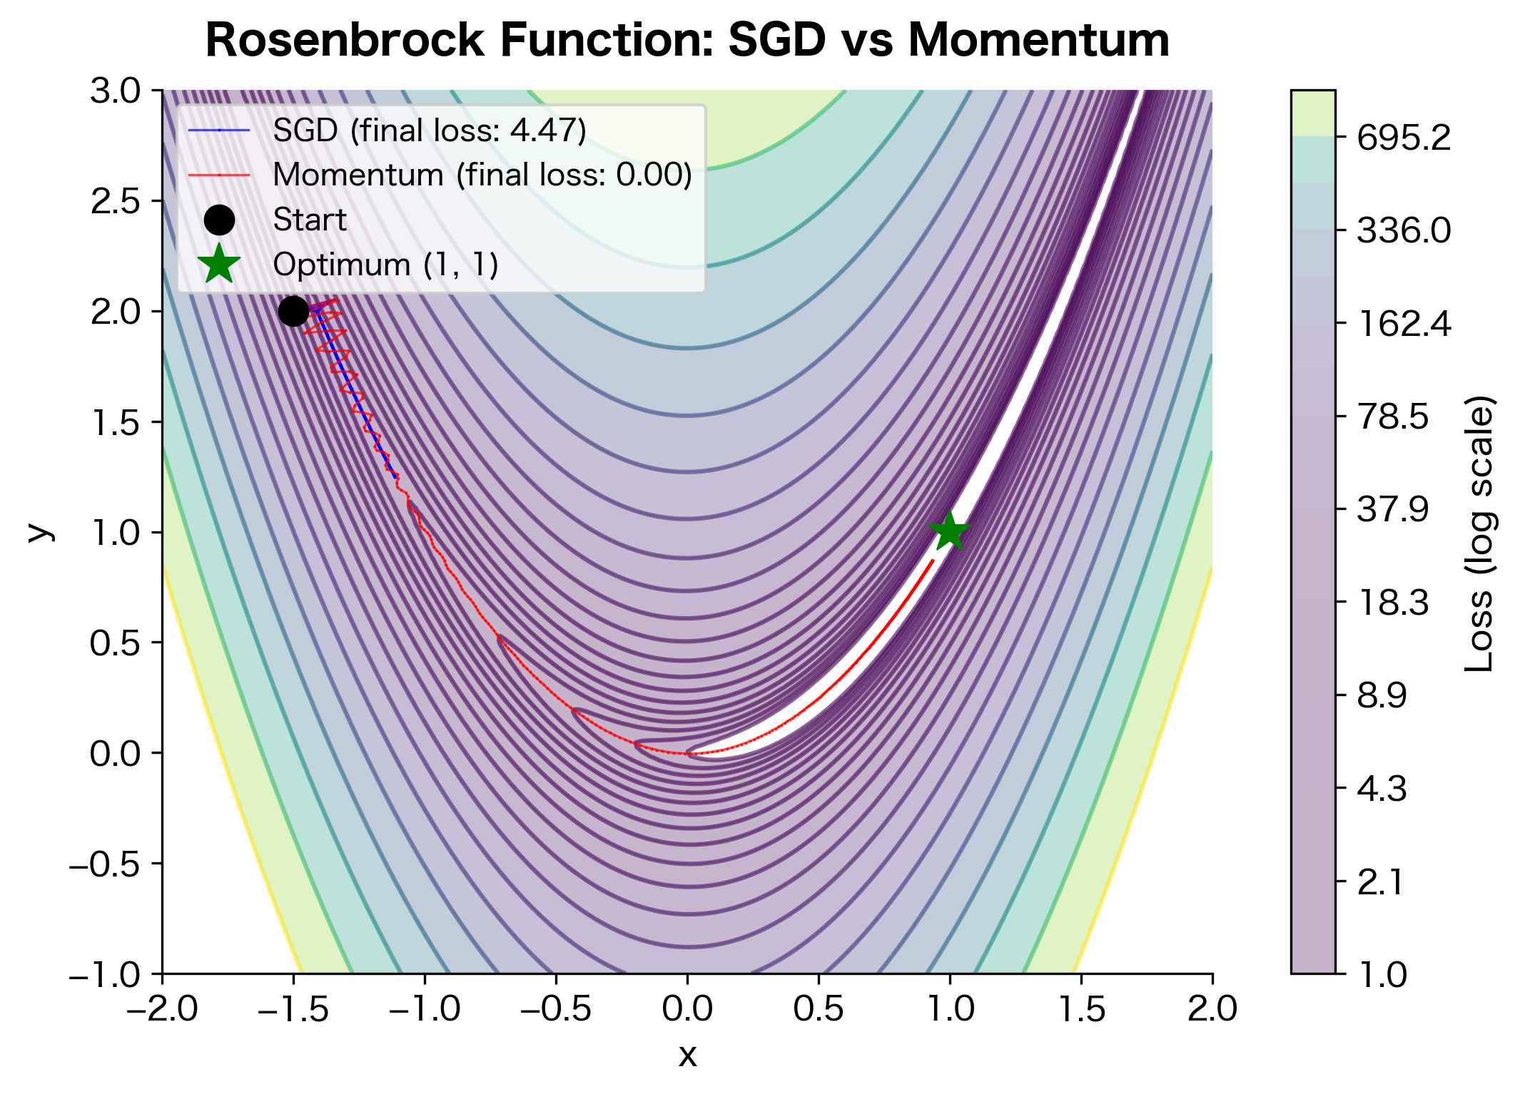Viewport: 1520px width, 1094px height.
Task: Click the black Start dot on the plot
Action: (293, 311)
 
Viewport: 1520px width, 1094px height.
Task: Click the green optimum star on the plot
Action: (949, 531)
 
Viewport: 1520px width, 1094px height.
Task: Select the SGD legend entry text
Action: (430, 131)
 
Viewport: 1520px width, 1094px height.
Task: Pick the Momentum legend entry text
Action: (482, 175)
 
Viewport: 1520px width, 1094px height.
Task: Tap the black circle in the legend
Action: (219, 220)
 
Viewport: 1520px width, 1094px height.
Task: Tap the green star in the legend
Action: (219, 264)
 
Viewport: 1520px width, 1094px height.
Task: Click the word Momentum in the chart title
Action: (1038, 40)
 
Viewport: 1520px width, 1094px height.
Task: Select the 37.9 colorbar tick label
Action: (1392, 509)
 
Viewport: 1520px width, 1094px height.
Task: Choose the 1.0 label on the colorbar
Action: (1382, 974)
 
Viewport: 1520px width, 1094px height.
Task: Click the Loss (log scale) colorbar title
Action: (1479, 533)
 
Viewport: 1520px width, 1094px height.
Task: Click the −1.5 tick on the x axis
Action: (293, 1009)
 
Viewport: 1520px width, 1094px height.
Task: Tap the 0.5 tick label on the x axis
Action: (819, 1009)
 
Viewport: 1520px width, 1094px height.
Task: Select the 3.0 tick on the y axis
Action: (115, 91)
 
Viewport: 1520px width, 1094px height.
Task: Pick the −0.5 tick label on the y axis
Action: (104, 864)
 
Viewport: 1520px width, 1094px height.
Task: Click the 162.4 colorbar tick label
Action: (1403, 324)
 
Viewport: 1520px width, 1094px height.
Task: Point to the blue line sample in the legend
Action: (219, 131)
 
